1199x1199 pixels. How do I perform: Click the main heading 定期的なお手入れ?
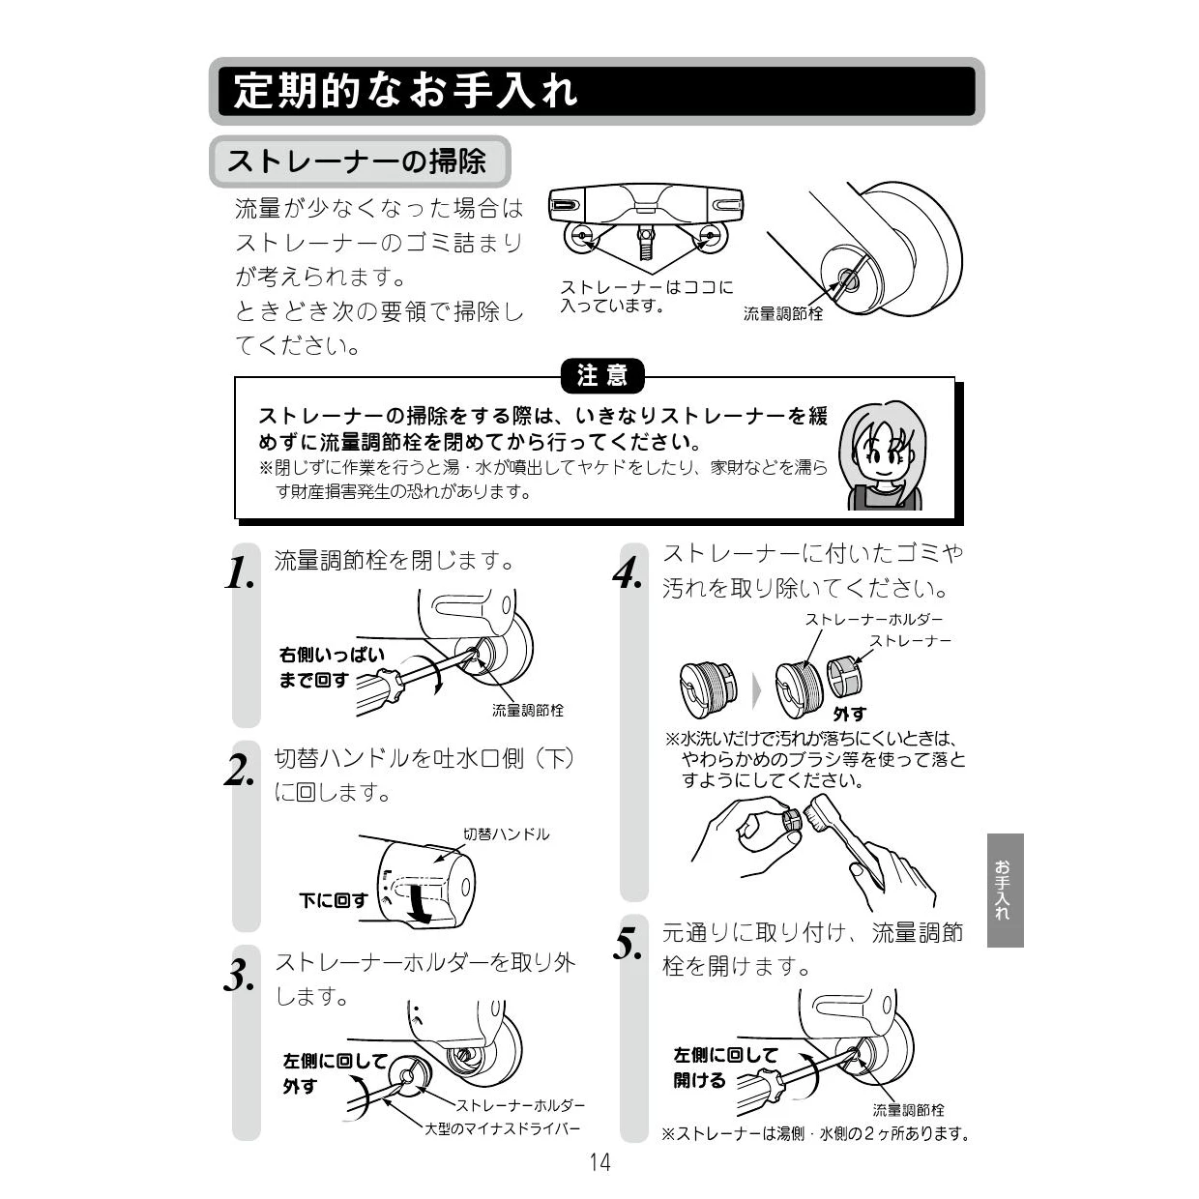tap(406, 92)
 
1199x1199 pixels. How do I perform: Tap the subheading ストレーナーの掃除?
tap(357, 161)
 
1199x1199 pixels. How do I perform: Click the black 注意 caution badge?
tap(601, 376)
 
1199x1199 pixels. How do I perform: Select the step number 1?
tap(240, 573)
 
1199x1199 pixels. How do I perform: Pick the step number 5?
tap(628, 944)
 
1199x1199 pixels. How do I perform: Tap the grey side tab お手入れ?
tap(1005, 890)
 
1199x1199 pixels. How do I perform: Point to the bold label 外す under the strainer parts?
tap(850, 714)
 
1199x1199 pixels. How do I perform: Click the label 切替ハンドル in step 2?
tap(506, 833)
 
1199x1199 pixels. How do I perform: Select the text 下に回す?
tap(333, 899)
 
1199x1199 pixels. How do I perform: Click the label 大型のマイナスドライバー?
tap(502, 1128)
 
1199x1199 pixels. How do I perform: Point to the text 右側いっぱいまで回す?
tap(332, 667)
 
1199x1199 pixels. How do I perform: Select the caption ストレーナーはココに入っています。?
tap(647, 296)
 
